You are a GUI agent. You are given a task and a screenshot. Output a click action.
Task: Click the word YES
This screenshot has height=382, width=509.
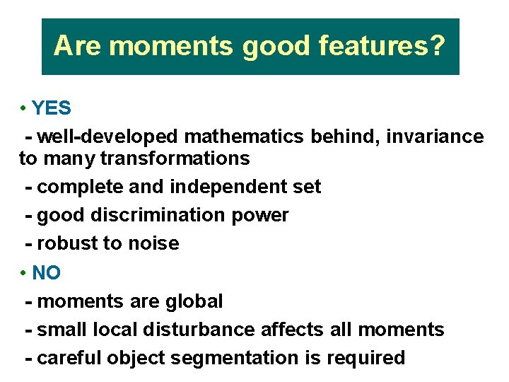pyautogui.click(x=52, y=108)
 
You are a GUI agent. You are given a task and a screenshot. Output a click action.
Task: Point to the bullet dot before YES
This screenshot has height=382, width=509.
pyautogui.click(x=23, y=109)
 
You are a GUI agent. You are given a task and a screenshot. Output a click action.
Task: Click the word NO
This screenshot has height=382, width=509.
pyautogui.click(x=47, y=272)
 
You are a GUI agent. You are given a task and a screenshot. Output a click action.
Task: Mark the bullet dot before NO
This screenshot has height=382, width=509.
pyautogui.click(x=23, y=273)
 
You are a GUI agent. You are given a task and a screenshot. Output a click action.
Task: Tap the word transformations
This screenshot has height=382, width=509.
pyautogui.click(x=175, y=158)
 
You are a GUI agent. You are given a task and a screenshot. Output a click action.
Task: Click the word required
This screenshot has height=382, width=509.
pyautogui.click(x=365, y=358)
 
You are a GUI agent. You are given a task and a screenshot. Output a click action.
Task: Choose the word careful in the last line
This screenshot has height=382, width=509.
pyautogui.click(x=69, y=358)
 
